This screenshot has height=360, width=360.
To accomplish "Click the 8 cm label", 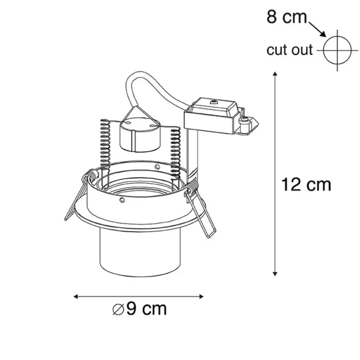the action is [x=286, y=17].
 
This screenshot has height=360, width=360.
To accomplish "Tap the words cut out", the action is [x=290, y=50].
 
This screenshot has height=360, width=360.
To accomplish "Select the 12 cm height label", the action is [x=306, y=184].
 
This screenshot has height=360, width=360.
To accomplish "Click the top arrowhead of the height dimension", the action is [x=275, y=74].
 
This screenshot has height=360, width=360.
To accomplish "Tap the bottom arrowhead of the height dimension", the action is [x=275, y=274].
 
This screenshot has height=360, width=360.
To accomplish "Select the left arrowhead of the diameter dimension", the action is [x=76, y=297].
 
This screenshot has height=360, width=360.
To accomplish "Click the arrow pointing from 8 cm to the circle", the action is [x=317, y=29].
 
